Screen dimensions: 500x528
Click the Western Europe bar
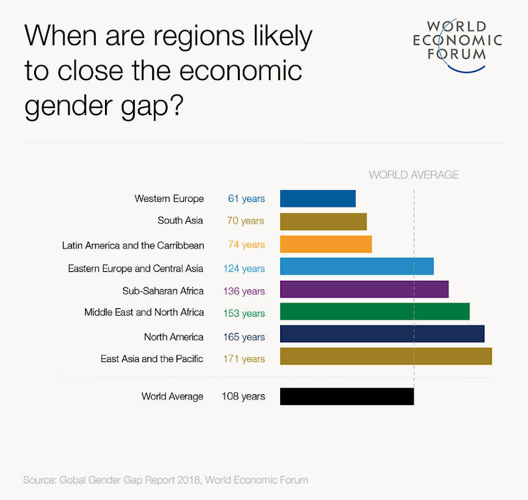coord(317,199)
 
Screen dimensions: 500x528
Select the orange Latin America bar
coord(325,244)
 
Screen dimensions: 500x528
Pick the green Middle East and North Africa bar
coord(375,312)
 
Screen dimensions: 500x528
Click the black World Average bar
coord(347,396)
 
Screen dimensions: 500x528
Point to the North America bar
coord(382,334)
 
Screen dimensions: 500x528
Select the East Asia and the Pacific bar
coord(386,357)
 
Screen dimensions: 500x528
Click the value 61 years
coord(246,199)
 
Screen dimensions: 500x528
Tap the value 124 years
coord(244,268)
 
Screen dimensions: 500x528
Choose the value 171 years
coord(244,358)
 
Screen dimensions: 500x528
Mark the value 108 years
coord(243,396)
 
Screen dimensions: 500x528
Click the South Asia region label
coord(180,220)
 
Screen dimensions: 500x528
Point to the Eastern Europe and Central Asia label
coord(135,268)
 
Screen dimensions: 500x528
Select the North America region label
coord(173,337)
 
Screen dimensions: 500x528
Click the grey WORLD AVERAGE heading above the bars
coord(414,175)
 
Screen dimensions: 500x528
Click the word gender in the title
coord(65,106)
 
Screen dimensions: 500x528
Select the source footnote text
coord(165,480)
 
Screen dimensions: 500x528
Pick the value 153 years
coord(244,314)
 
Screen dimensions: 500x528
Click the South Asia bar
coord(323,222)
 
